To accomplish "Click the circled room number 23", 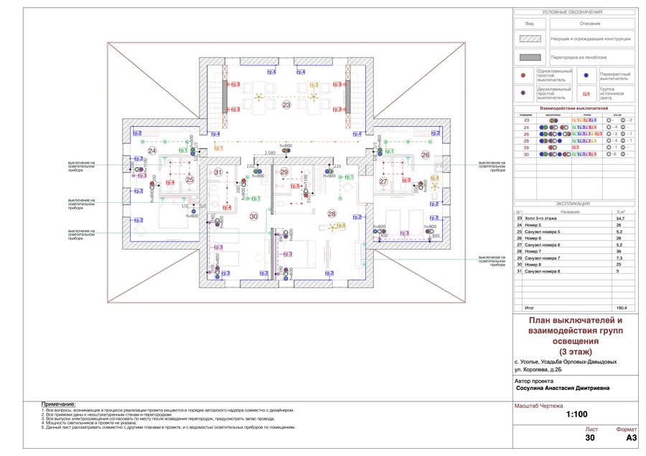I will point(286,105).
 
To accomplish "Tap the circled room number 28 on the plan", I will point(332,213).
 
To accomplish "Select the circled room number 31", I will point(218,172).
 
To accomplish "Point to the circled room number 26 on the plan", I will point(425,155).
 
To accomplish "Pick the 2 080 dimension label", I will point(271,153).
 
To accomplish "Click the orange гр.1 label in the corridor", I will point(218,148).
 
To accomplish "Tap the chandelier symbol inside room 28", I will point(332,227).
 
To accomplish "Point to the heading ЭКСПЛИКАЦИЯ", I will point(573,204).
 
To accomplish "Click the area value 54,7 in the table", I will point(622,218).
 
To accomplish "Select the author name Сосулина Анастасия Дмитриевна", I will point(563,389).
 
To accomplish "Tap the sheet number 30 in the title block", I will point(589,437).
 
